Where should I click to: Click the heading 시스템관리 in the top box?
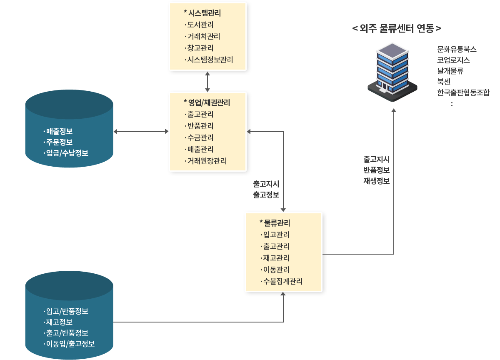[x=205, y=13]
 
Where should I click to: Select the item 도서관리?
[x=200, y=25]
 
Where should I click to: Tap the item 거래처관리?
[x=204, y=36]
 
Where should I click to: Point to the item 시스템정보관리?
[x=210, y=60]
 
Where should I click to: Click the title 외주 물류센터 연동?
[x=397, y=28]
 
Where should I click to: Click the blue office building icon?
[x=392, y=72]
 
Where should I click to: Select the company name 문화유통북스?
[x=457, y=49]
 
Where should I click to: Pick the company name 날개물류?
[x=450, y=71]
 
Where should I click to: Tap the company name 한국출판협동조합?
[x=463, y=92]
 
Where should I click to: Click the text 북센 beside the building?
[x=444, y=82]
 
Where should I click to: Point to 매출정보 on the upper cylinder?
[x=59, y=131]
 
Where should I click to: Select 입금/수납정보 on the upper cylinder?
[x=67, y=153]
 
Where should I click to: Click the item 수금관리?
[x=200, y=137]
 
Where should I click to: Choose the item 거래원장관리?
[x=207, y=161]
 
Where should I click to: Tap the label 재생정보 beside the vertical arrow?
[x=377, y=181]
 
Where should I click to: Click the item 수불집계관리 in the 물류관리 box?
[x=283, y=281]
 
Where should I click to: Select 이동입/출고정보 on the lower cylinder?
[x=70, y=343]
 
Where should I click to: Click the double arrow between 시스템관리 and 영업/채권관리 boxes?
[x=207, y=82]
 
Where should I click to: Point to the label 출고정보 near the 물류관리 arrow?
[x=266, y=195]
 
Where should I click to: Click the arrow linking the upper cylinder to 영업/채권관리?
[x=141, y=131]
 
